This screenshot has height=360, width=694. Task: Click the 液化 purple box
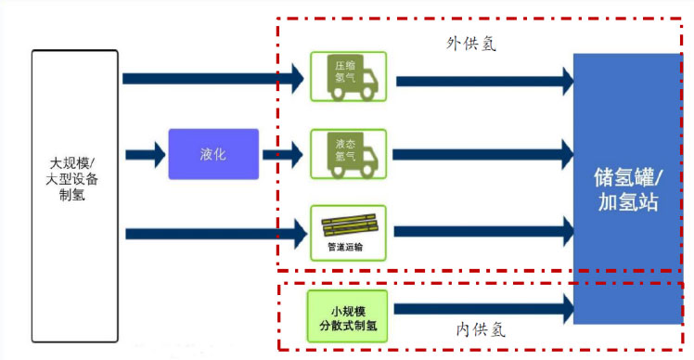click(x=212, y=154)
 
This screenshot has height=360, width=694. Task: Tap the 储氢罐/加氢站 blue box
click(x=627, y=188)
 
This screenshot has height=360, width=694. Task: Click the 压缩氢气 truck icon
click(x=348, y=77)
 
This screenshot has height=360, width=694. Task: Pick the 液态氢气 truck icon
click(x=348, y=154)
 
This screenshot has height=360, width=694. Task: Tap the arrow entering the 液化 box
click(x=146, y=154)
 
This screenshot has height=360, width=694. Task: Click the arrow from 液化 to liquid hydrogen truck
click(x=283, y=154)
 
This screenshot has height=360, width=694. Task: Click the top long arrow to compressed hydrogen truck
click(x=212, y=78)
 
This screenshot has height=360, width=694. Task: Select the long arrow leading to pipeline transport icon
click(x=212, y=231)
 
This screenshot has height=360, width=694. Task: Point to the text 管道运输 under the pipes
click(x=348, y=248)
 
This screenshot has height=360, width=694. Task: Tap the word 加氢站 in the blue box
click(x=627, y=201)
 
